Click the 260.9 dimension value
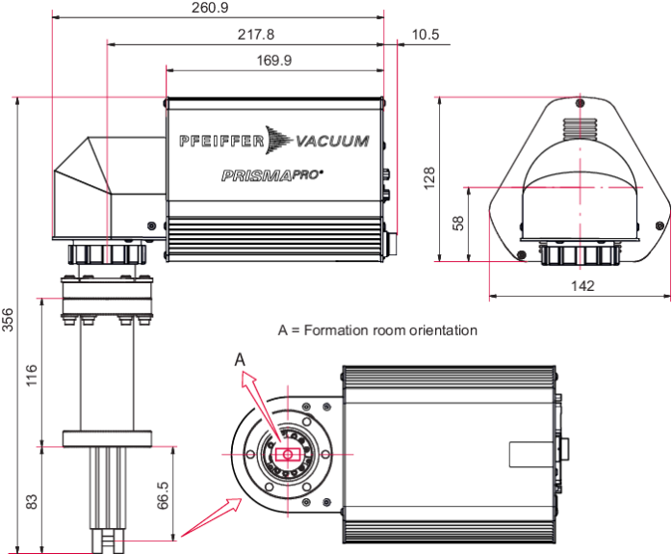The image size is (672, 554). pos(210,8)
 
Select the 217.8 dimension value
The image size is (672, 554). pos(256,35)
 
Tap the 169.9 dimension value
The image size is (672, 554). pos(274,60)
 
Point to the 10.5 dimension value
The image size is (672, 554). pos(426,35)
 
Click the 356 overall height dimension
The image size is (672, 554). pos(8,320)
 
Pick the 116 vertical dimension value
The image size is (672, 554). pos(32,376)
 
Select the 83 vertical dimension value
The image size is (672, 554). pos(32,502)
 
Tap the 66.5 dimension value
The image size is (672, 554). pos(163,495)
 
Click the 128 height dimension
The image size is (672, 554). pos(429,178)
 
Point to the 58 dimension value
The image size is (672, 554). pos(458,223)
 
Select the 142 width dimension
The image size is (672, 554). pos(582,285)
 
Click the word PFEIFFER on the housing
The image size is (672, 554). pos(221,141)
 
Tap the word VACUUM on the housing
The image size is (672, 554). pos(332,141)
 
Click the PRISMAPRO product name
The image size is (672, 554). pos(272,175)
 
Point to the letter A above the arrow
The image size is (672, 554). pos(240,359)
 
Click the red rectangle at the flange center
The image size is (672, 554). pos(288,454)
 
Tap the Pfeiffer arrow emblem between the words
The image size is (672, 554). pos(279,140)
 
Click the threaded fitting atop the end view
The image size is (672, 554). pos(580,129)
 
